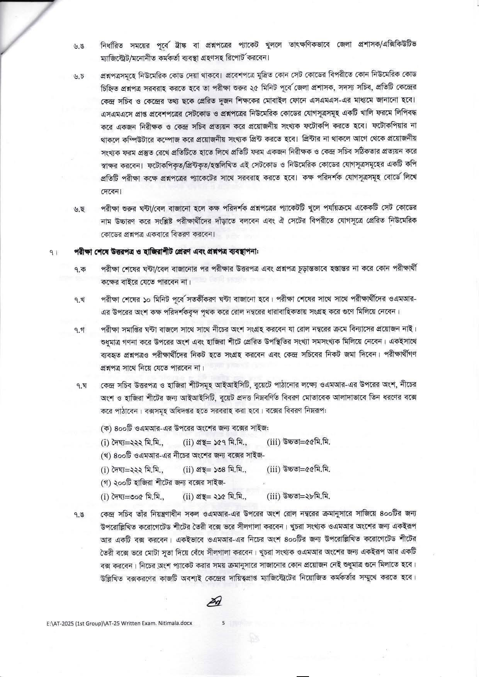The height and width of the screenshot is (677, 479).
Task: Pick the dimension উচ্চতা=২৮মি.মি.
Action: (x=298, y=497)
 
